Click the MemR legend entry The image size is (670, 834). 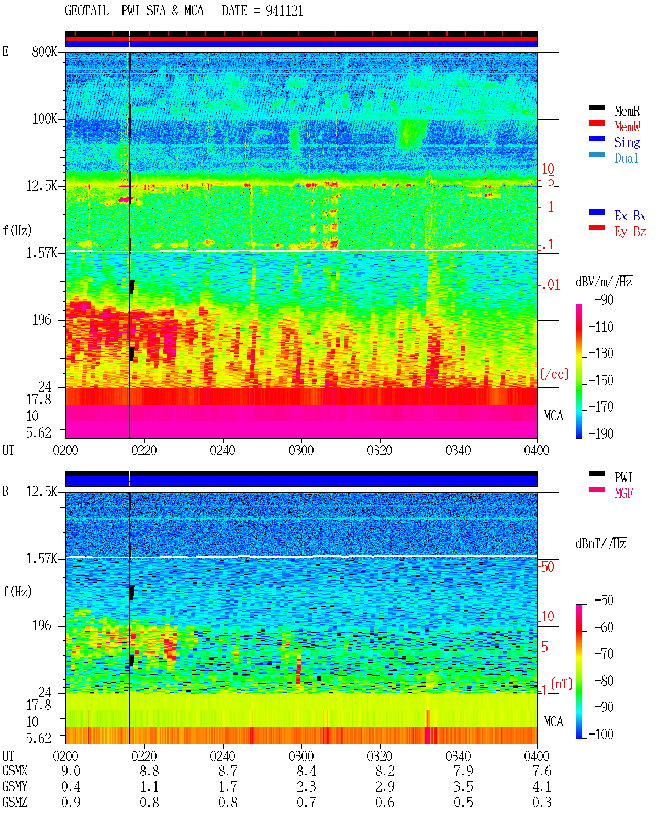[x=627, y=111]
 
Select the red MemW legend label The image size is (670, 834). [x=627, y=127]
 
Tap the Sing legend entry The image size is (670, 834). [x=627, y=142]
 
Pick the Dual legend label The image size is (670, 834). [x=626, y=158]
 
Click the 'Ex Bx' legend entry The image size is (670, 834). [x=630, y=216]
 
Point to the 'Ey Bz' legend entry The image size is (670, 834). [x=630, y=232]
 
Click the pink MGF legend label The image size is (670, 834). [x=623, y=493]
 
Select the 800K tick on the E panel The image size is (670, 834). [x=44, y=51]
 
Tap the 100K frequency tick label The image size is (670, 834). [x=44, y=119]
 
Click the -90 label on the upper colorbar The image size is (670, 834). [x=604, y=299]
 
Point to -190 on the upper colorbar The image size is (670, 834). [x=601, y=433]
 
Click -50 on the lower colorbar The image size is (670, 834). [x=604, y=601]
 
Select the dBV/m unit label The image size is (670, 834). [x=604, y=281]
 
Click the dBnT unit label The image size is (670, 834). [x=600, y=543]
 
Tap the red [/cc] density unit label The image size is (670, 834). [x=554, y=374]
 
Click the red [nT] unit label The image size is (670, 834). [x=562, y=684]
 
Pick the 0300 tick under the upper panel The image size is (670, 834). [x=301, y=450]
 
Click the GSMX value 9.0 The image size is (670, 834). [x=71, y=771]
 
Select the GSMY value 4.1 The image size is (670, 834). [x=542, y=787]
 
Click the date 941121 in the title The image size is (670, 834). [x=284, y=11]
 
